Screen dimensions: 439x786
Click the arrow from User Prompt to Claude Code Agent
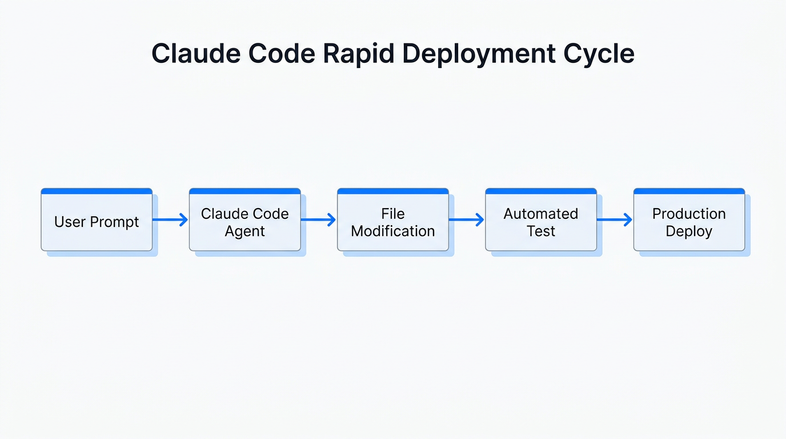(170, 219)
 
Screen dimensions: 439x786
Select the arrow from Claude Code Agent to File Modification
(318, 219)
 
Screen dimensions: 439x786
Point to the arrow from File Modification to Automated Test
(466, 219)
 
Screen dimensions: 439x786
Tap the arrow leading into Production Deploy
(615, 219)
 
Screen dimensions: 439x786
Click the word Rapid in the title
(358, 54)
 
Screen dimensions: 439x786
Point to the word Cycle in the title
(599, 54)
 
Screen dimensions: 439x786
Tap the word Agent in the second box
(244, 232)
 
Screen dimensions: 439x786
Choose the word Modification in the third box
(393, 232)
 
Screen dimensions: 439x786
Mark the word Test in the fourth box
(541, 232)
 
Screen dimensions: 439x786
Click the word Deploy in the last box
(689, 232)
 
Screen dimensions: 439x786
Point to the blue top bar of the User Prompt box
(97, 191)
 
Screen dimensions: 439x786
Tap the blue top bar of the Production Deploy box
(689, 191)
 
